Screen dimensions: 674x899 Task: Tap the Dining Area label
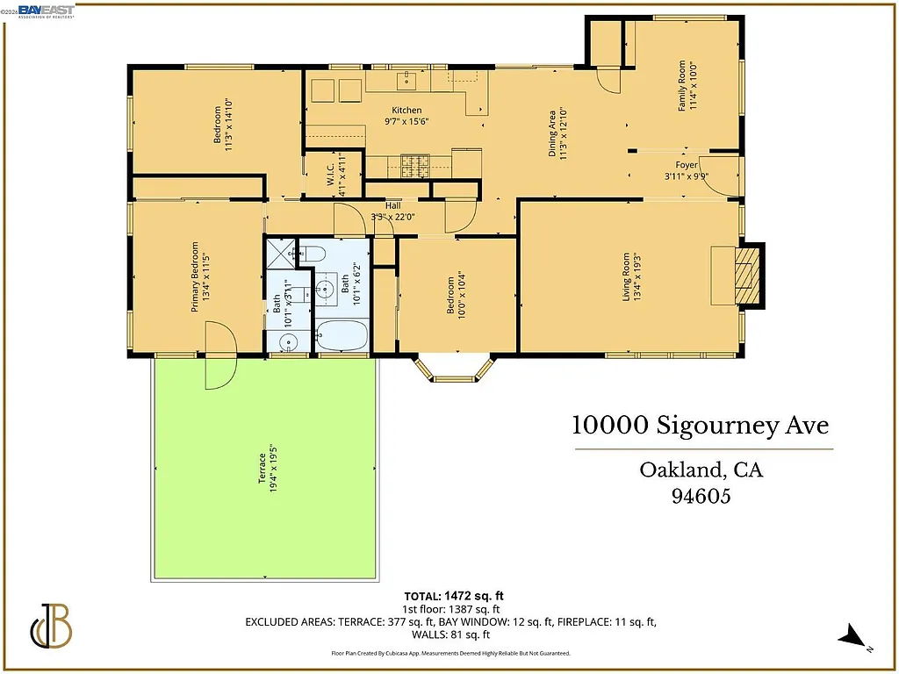coord(557,133)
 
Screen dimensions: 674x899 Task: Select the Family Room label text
coord(686,85)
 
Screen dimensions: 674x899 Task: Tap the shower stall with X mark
coord(282,255)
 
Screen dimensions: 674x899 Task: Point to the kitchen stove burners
coord(414,164)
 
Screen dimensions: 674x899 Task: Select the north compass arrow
coord(850,638)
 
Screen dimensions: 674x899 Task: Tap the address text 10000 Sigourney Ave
coord(700,426)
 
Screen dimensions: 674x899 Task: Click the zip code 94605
coord(701,496)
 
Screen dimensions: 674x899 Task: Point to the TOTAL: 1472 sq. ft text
coord(453,596)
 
